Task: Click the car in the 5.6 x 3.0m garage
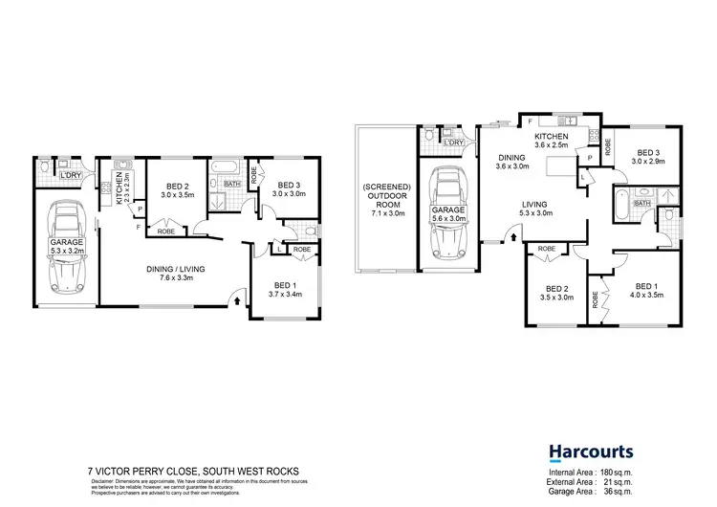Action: tap(448, 214)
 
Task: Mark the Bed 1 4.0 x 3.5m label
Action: tap(647, 291)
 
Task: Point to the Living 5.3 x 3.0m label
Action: tap(536, 208)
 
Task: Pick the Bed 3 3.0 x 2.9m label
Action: tap(649, 157)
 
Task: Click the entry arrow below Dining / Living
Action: tap(236, 301)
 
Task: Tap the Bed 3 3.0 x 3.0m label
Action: tap(288, 188)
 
